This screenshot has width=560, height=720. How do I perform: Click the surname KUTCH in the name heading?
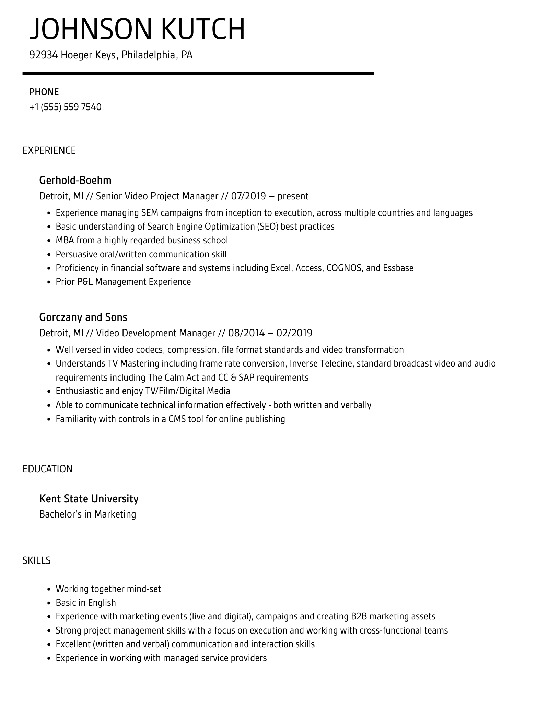203,30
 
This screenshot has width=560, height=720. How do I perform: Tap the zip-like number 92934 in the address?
43,55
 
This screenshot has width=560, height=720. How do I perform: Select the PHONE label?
44,92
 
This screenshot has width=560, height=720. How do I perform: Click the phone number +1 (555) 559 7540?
66,107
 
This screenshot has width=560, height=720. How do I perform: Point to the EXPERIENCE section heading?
49,150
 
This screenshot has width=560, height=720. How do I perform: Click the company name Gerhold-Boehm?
75,180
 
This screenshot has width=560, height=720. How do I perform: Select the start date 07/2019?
248,196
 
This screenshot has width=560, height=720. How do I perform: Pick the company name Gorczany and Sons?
83,317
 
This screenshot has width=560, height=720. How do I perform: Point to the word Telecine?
336,363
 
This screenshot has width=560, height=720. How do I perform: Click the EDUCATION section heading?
48,469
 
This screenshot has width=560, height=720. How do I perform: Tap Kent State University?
89,499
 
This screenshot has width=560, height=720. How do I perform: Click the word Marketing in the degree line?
115,514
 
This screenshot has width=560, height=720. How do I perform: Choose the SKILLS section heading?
37,560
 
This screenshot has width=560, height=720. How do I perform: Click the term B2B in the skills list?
359,616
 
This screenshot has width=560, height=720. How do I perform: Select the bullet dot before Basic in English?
49,603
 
